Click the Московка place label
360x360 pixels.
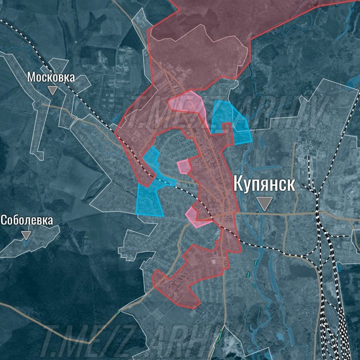click(x=51, y=77)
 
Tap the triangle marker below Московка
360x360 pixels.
click(x=52, y=90)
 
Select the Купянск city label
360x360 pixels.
click(x=264, y=183)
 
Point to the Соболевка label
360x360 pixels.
click(x=27, y=220)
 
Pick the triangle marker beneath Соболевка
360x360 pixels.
click(x=26, y=235)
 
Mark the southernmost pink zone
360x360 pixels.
click(x=196, y=218)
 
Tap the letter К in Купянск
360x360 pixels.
click(x=239, y=183)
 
